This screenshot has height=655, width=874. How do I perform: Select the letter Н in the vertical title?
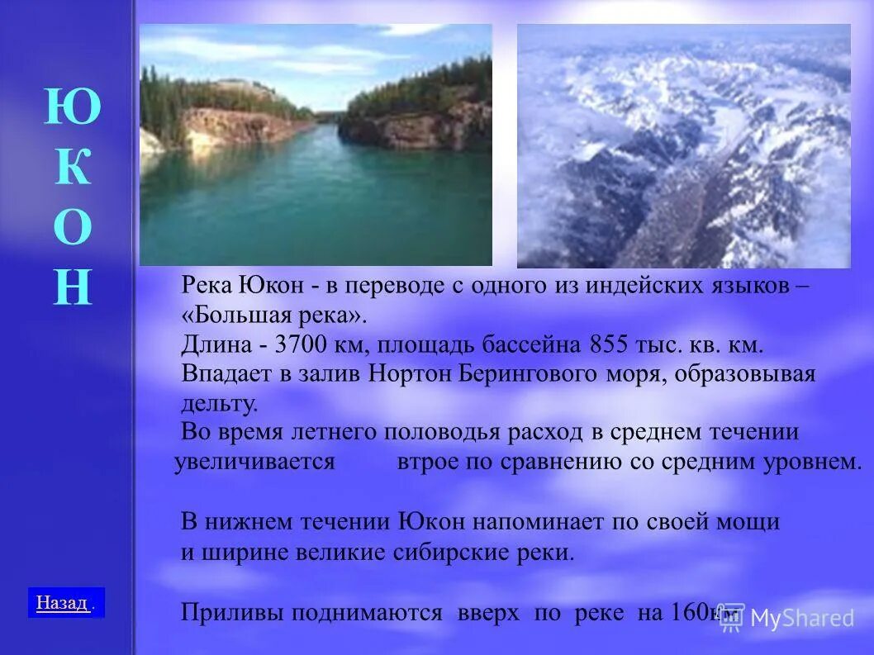click(73, 287)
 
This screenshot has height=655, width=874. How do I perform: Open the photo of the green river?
click(316, 145)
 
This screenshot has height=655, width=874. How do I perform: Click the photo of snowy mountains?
click(683, 146)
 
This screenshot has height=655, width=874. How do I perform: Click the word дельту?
click(220, 404)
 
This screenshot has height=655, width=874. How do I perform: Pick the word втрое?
click(427, 462)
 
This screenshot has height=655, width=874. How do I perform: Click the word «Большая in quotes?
click(235, 316)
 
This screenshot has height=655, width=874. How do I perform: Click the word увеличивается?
click(254, 462)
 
